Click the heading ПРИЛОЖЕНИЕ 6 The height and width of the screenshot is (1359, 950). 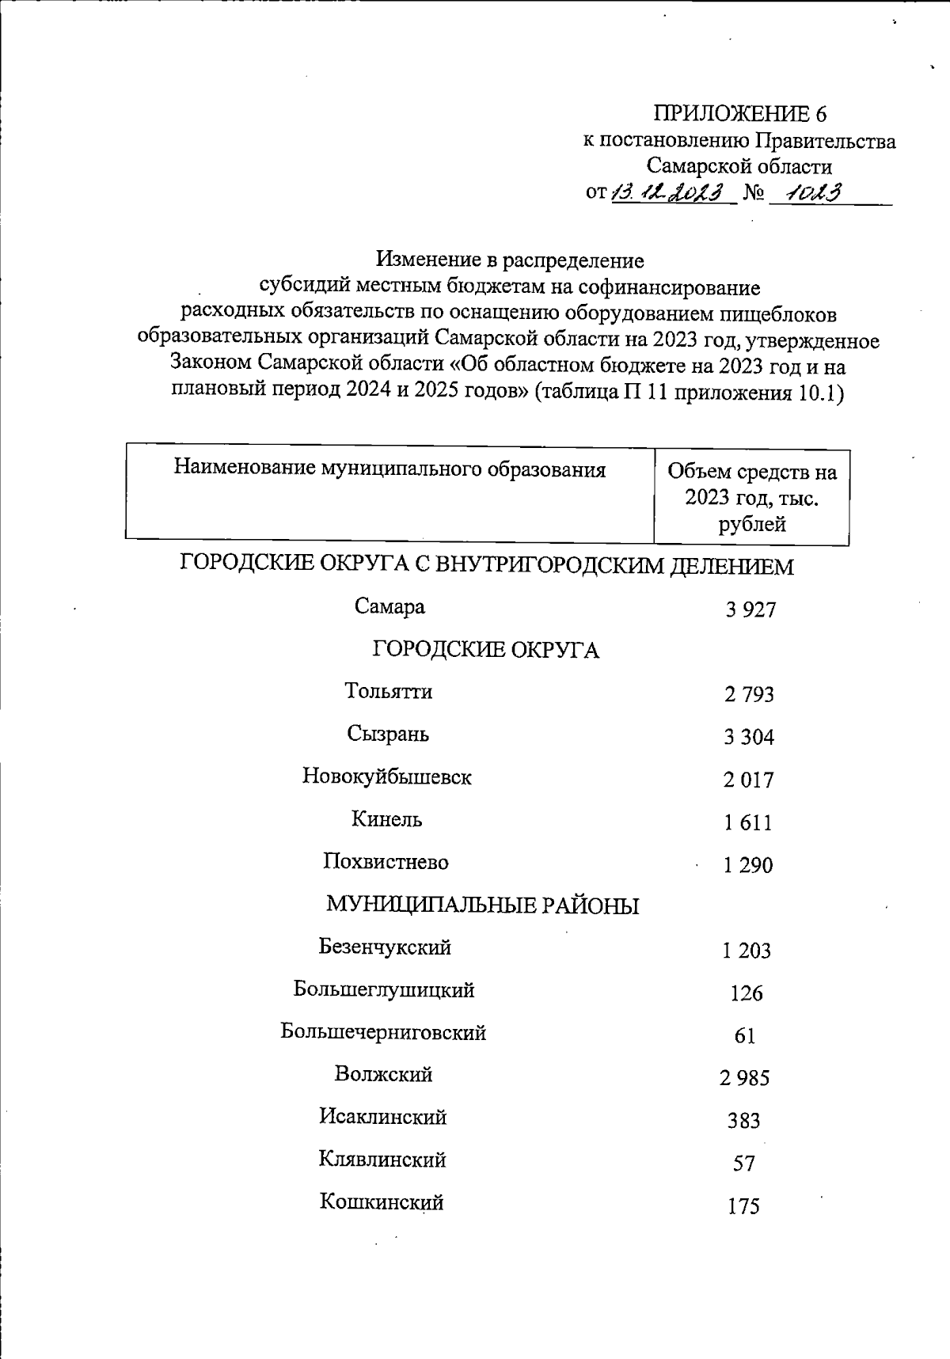pyautogui.click(x=739, y=114)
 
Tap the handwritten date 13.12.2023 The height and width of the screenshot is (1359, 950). pyautogui.click(x=671, y=192)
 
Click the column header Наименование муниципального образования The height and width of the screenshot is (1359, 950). pyautogui.click(x=389, y=469)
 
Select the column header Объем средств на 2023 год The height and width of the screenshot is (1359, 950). pyautogui.click(x=751, y=498)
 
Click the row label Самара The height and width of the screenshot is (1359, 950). pyautogui.click(x=389, y=607)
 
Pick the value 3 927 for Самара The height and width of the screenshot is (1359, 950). pyautogui.click(x=750, y=609)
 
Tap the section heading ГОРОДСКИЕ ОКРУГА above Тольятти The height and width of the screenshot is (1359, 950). pyautogui.click(x=485, y=650)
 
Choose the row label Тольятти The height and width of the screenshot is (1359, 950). pyautogui.click(x=389, y=692)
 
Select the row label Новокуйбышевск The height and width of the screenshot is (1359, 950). pyautogui.click(x=387, y=777)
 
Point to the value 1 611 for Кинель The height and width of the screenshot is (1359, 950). pyautogui.click(x=747, y=823)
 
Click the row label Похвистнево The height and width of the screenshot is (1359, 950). pyautogui.click(x=386, y=862)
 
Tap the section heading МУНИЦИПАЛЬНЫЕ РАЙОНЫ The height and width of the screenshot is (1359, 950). pyautogui.click(x=483, y=905)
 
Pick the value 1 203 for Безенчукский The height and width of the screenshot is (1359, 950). pyautogui.click(x=747, y=951)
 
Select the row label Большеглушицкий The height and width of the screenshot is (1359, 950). pyautogui.click(x=384, y=990)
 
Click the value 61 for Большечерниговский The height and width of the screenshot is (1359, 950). pyautogui.click(x=745, y=1036)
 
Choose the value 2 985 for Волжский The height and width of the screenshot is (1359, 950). pyautogui.click(x=744, y=1078)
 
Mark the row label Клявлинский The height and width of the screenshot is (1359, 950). pyautogui.click(x=382, y=1160)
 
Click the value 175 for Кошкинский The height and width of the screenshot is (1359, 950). pyautogui.click(x=743, y=1207)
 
